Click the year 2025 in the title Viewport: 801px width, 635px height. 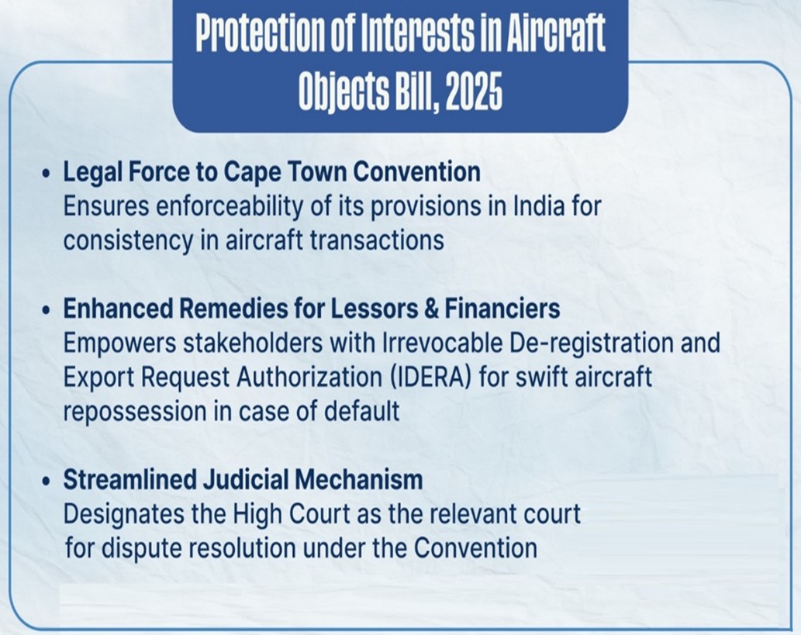click(474, 92)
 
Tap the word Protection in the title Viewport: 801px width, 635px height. click(261, 33)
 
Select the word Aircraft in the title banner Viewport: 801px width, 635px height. click(556, 33)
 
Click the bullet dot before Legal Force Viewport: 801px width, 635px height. click(47, 174)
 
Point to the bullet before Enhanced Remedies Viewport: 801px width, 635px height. click(47, 310)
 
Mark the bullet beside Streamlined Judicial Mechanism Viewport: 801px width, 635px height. click(47, 481)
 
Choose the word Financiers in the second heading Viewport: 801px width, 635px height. click(502, 309)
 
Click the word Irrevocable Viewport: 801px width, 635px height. click(443, 343)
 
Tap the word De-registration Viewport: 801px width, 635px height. click(591, 343)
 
